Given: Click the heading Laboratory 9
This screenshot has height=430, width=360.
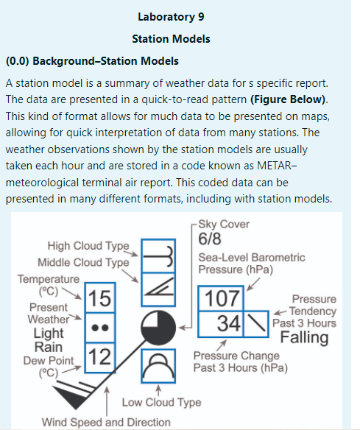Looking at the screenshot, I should [x=180, y=15].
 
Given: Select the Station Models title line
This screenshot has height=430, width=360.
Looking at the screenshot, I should [x=180, y=38].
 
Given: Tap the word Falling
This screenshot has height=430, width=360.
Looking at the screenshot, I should [x=305, y=337].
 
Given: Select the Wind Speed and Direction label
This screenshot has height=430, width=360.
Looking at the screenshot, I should [x=105, y=422].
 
